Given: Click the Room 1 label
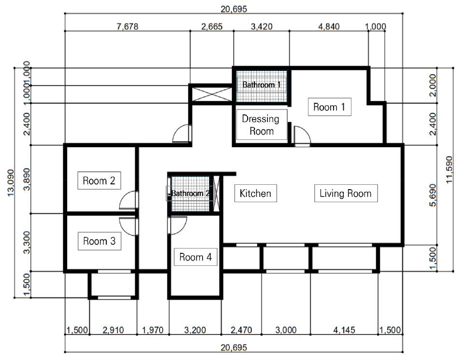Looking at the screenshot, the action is (x=329, y=107).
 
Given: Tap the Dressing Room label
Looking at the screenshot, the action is (x=262, y=125).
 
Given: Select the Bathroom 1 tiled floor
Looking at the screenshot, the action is (x=262, y=86).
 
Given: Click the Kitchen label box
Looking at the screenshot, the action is (x=255, y=193).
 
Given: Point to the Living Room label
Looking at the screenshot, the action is (x=346, y=193).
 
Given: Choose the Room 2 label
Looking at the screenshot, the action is (x=99, y=180).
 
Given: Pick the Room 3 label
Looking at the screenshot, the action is (x=99, y=241).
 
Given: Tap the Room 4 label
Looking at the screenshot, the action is (x=196, y=257).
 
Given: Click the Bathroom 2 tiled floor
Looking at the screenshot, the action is (x=190, y=194).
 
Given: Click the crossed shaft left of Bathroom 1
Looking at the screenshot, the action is (x=212, y=94).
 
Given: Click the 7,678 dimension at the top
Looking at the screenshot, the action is (x=127, y=27).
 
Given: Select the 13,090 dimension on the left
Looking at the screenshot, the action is (x=10, y=182).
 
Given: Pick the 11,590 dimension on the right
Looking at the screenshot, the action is (x=449, y=170).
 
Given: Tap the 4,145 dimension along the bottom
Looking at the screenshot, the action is (x=344, y=330).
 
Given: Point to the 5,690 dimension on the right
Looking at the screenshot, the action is (x=433, y=195).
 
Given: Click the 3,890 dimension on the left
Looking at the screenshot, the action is (x=27, y=179).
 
